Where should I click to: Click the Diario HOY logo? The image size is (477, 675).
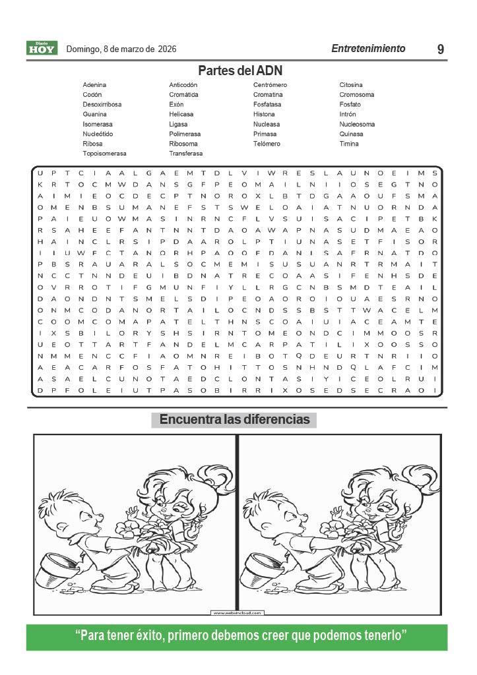pos(42,48)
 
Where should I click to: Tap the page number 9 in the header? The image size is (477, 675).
pos(440,49)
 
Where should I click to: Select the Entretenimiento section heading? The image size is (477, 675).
pos(368,49)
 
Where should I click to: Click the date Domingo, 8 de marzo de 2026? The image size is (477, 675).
pos(121,49)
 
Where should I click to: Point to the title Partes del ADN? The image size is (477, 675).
pos(239,71)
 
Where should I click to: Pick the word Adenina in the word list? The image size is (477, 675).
pos(94,85)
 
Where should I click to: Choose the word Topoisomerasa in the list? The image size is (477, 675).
pos(104,153)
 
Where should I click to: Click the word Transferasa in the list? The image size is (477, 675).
pos(186,153)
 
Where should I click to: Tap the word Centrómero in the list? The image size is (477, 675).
pos(270,85)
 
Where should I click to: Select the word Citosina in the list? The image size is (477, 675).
pos(351,85)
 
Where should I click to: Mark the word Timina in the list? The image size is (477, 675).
pos(349,144)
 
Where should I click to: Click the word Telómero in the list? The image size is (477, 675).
pos(267,144)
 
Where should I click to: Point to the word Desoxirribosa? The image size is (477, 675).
pos(102,105)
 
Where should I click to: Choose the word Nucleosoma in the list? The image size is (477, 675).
pos(357,124)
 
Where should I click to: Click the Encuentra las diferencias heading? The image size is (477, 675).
pos(234,420)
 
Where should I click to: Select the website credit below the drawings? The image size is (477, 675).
pos(237,613)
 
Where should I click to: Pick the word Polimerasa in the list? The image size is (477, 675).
pos(185,134)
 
